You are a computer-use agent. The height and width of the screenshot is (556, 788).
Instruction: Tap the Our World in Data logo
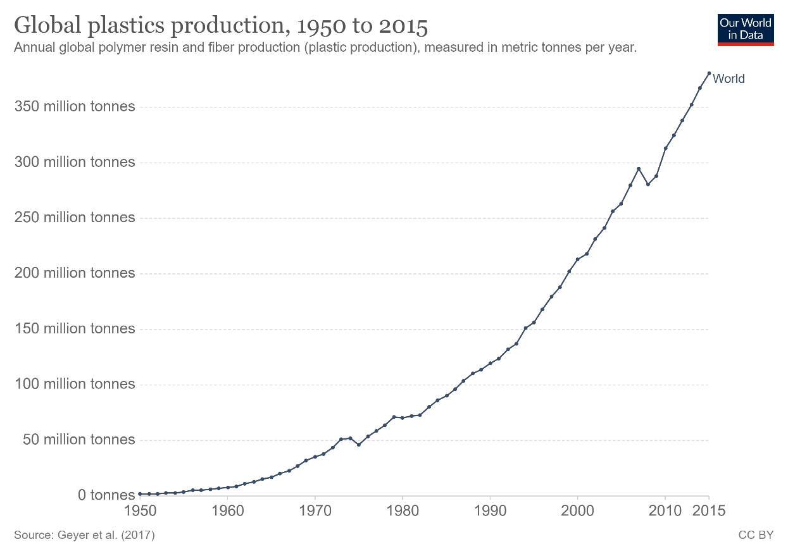[x=746, y=29]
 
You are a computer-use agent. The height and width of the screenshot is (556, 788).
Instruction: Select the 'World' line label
[x=729, y=79]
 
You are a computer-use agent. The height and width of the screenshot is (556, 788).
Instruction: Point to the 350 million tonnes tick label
[x=75, y=106]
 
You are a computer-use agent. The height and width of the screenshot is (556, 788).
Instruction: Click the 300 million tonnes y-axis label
[x=75, y=162]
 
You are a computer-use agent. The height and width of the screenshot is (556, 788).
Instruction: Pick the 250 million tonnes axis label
[x=75, y=218]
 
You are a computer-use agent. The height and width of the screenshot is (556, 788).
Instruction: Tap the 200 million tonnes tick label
[x=75, y=273]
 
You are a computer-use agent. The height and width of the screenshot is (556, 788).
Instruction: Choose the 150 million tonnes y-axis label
[x=75, y=329]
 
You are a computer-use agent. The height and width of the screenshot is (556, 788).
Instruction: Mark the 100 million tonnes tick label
[x=75, y=385]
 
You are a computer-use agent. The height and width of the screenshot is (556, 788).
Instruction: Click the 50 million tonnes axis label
[x=79, y=440]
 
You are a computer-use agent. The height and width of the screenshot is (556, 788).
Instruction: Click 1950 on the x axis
[x=140, y=510]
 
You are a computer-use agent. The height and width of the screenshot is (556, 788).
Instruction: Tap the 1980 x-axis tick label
[x=402, y=510]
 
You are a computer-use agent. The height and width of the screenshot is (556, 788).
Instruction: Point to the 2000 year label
[x=577, y=510]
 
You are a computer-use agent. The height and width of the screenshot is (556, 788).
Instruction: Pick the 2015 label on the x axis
[x=709, y=510]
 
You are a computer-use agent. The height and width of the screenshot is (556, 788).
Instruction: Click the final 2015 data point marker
[x=709, y=73]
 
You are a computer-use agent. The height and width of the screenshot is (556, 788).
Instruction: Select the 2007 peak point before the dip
[x=639, y=168]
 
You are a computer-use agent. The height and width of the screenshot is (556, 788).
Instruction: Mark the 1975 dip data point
[x=359, y=445]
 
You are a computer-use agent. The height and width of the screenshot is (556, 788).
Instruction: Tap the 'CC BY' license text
[x=756, y=535]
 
